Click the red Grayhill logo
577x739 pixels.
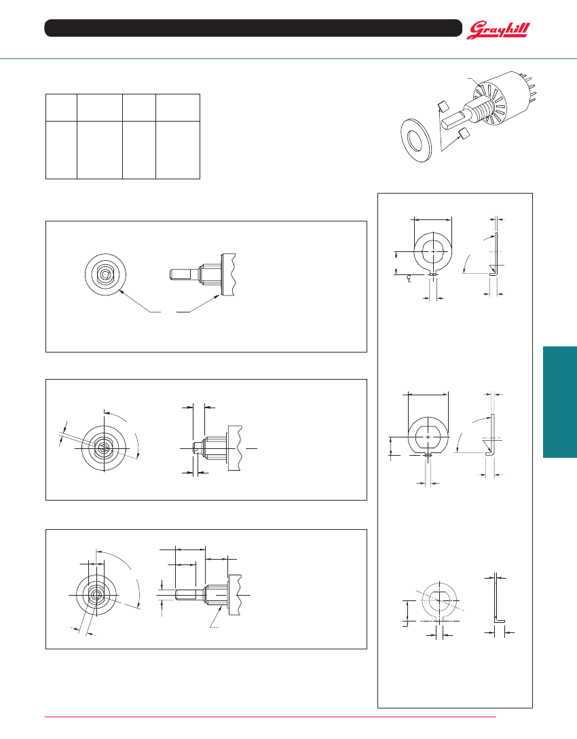click(498, 30)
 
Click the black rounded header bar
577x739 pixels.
click(253, 28)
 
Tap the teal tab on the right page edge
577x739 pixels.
click(560, 402)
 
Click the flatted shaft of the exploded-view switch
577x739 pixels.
click(456, 118)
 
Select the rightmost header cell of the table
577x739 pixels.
click(178, 107)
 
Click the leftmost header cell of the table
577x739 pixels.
click(61, 107)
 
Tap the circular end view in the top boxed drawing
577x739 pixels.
click(105, 274)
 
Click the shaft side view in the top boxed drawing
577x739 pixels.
click(202, 274)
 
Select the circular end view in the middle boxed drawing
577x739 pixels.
click(104, 448)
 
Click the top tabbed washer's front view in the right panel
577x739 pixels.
click(433, 253)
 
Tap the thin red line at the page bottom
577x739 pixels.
click(270, 717)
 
